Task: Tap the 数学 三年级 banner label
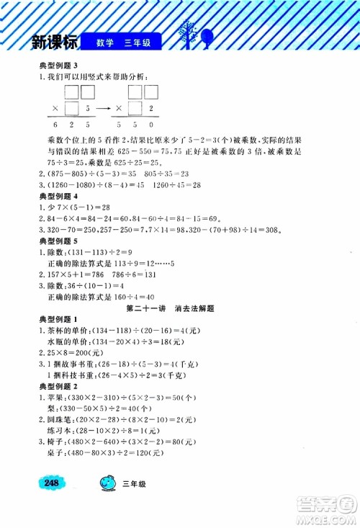pos(125,42)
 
